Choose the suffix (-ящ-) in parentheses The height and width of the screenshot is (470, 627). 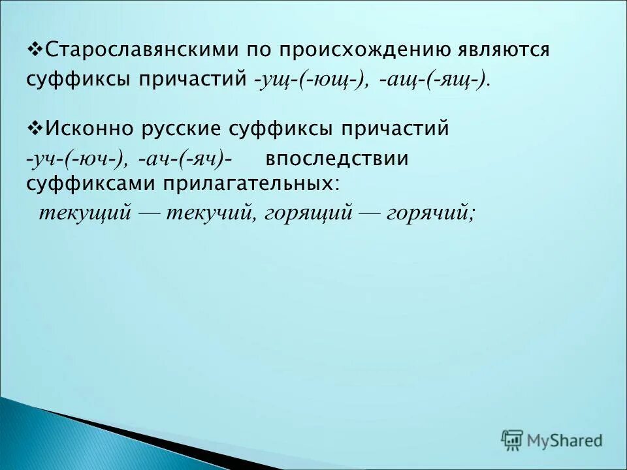tap(456, 80)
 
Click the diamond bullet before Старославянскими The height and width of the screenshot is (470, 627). tap(37, 50)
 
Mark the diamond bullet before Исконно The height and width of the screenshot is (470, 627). tap(37, 128)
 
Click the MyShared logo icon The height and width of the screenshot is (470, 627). tap(512, 440)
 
